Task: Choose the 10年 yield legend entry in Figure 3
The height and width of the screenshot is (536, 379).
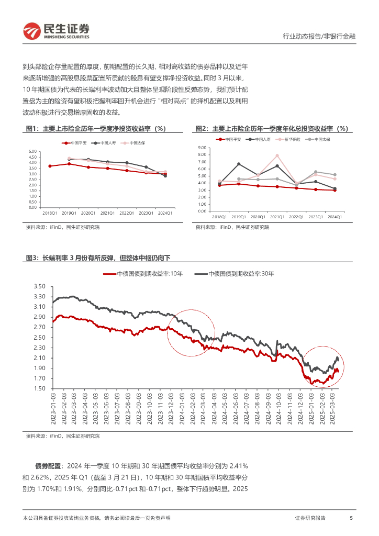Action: tap(144, 274)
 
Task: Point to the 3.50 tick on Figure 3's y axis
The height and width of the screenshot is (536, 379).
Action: tap(40, 287)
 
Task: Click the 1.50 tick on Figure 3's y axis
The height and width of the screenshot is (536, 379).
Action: tap(40, 389)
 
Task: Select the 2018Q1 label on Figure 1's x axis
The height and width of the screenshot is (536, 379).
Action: tap(50, 212)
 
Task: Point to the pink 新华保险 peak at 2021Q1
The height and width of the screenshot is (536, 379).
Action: tap(277, 155)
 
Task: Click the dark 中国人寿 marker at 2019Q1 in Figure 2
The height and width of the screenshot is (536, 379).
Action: tap(239, 164)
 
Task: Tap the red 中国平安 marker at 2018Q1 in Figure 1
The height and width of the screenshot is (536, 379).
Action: tap(50, 166)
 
